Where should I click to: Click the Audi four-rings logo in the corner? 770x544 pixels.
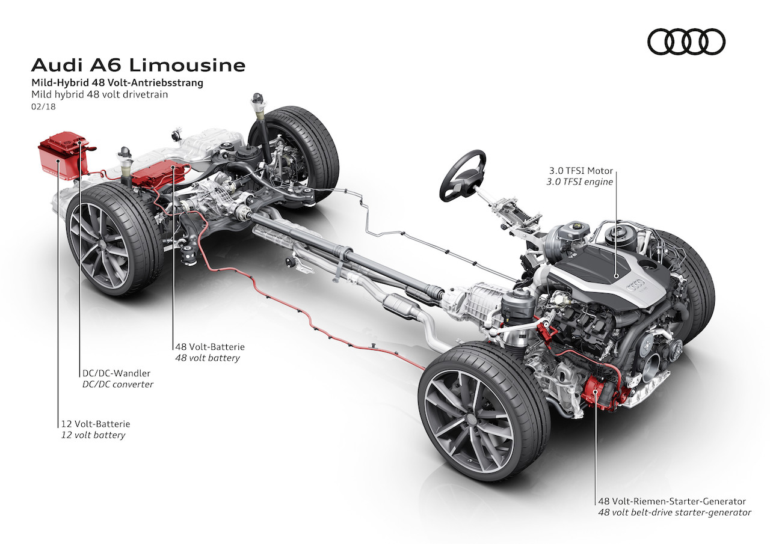(x=686, y=43)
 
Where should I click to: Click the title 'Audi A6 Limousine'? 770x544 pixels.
(x=138, y=64)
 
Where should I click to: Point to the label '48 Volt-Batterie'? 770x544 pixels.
(x=209, y=347)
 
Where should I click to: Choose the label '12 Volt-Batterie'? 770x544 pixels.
(x=95, y=424)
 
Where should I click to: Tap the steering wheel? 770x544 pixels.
(x=463, y=175)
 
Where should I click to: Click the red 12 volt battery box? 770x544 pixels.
(x=62, y=156)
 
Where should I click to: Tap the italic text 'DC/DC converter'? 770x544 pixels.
(x=117, y=384)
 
